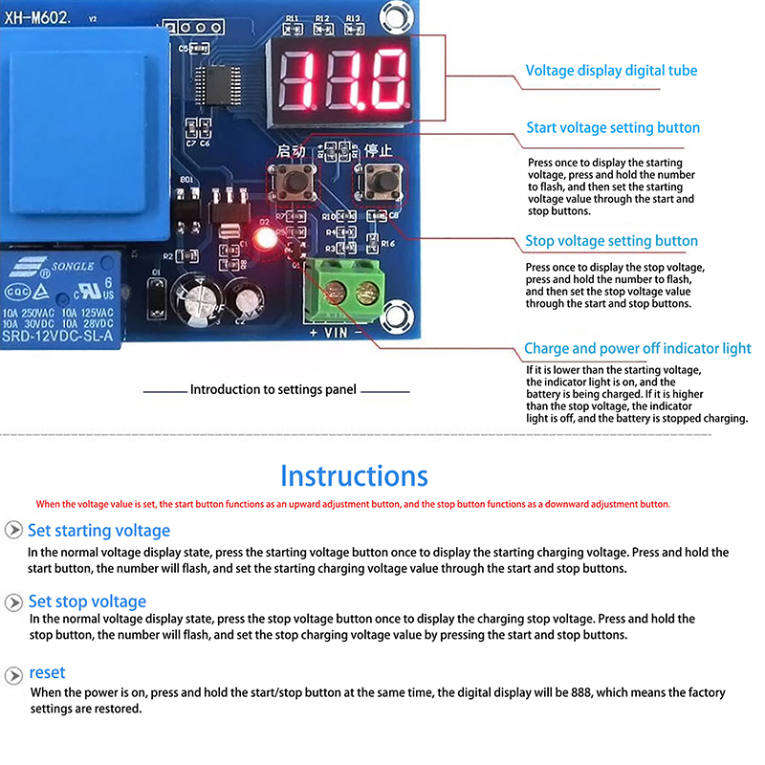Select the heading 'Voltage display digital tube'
(611, 71)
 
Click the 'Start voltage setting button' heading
(613, 128)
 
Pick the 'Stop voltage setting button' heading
(611, 242)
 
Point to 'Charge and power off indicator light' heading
(637, 349)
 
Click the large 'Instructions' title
(354, 475)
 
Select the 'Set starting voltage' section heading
(98, 531)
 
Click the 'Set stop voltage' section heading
(87, 601)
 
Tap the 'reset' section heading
(47, 672)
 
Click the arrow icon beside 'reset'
(13, 674)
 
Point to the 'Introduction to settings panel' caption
(273, 390)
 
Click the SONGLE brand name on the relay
(71, 266)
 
